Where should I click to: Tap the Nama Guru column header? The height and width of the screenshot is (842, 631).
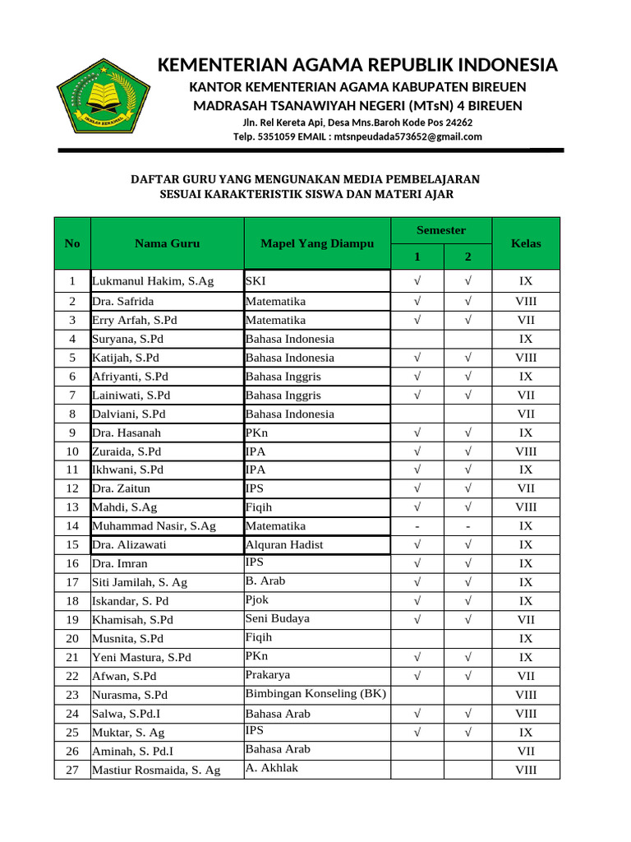[167, 243]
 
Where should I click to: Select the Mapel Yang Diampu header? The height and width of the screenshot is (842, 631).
[316, 243]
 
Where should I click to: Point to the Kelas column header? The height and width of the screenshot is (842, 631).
[526, 243]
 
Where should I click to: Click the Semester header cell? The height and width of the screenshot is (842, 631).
[441, 230]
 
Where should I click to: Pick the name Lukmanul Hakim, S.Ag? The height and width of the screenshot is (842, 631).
[153, 281]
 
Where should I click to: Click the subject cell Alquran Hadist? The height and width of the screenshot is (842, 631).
[284, 544]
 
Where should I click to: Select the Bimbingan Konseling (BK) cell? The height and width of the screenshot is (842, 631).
[315, 693]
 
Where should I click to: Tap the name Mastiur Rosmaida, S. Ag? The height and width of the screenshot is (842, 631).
[156, 770]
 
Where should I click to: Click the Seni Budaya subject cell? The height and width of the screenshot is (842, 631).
[278, 618]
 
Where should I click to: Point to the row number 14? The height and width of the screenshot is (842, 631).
[72, 525]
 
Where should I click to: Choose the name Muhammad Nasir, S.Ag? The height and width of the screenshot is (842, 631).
[154, 525]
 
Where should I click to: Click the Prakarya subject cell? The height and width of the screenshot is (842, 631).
[269, 674]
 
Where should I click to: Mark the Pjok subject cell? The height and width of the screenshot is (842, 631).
[257, 600]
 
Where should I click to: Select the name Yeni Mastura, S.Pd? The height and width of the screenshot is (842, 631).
[141, 657]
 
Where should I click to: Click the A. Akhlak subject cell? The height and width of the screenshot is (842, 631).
[272, 768]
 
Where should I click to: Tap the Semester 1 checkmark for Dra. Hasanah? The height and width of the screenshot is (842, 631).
[417, 433]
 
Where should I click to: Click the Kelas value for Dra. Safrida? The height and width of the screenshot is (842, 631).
[526, 301]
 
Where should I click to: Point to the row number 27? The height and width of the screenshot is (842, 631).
[72, 770]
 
